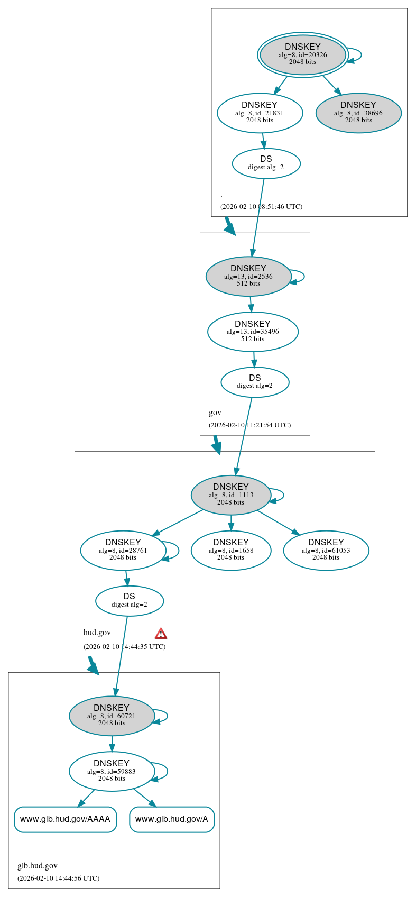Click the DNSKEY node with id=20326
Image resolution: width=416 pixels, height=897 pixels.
(x=303, y=54)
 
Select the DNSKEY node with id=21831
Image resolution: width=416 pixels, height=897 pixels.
(x=260, y=113)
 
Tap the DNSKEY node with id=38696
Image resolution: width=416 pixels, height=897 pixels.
(x=358, y=113)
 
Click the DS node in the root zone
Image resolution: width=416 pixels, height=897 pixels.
(x=266, y=163)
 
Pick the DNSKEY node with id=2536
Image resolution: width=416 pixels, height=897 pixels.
(x=248, y=276)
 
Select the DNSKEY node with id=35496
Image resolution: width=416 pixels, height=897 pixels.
(x=253, y=332)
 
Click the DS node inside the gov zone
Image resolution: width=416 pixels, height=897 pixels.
(x=255, y=382)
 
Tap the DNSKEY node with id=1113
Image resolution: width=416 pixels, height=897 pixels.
(x=231, y=495)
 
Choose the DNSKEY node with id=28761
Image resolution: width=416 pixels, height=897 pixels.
(x=123, y=550)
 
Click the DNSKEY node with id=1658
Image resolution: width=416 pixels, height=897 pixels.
(x=231, y=550)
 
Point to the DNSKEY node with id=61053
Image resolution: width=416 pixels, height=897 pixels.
(x=326, y=550)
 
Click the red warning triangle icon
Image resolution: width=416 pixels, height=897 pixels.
(x=161, y=634)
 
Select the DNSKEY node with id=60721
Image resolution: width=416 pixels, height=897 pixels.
(x=112, y=716)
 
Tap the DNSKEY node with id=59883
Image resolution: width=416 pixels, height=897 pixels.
(x=112, y=771)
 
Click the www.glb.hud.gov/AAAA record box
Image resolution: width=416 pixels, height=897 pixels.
(x=65, y=819)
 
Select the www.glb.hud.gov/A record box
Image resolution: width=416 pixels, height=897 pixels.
(x=172, y=819)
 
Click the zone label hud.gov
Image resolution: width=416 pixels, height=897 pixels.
(x=97, y=633)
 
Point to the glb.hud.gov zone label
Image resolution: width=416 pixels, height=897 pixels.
(x=38, y=866)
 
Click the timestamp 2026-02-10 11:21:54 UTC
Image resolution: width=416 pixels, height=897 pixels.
(x=249, y=425)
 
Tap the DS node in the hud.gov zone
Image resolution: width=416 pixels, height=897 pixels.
(x=130, y=601)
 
